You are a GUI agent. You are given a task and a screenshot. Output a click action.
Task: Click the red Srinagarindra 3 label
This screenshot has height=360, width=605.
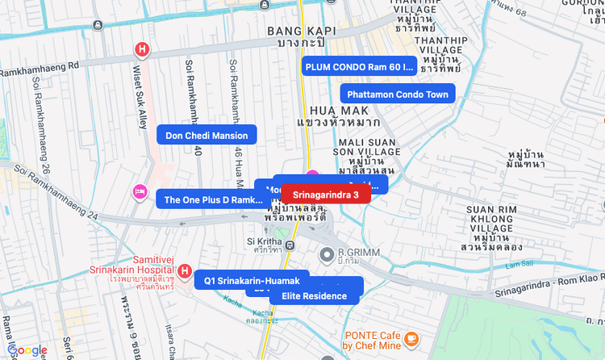click(x=325, y=195)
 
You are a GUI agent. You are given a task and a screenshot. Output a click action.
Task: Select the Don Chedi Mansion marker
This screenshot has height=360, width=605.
click(x=207, y=136)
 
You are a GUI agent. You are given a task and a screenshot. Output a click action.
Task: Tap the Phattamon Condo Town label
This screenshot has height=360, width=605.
click(x=397, y=94)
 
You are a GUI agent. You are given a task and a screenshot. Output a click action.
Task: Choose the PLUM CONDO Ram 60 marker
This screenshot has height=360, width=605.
click(x=359, y=66)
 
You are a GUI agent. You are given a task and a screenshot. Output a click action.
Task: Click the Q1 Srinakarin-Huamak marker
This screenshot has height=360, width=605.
click(x=252, y=280)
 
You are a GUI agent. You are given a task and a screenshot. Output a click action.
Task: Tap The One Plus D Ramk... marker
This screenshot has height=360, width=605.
click(x=213, y=199)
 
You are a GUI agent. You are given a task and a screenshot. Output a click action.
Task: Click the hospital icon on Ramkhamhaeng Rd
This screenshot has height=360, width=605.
click(x=143, y=50)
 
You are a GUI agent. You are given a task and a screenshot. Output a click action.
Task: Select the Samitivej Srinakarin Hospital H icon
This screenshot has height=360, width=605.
click(x=184, y=270)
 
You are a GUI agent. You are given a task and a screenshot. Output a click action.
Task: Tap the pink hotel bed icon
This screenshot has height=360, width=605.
click(x=140, y=191)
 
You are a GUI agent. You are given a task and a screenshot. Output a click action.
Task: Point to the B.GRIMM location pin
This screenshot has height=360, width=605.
click(x=327, y=256)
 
